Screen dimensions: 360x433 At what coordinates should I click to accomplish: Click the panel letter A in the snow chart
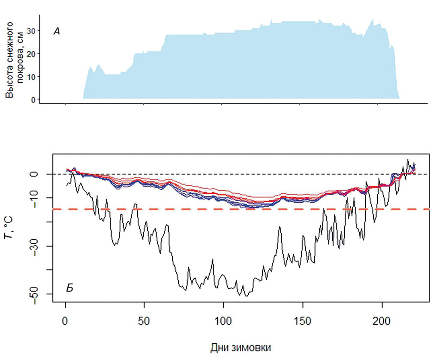click(x=56, y=31)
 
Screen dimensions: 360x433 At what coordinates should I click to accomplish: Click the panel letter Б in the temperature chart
click(x=69, y=288)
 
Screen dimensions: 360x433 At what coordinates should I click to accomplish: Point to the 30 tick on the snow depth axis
click(x=31, y=30)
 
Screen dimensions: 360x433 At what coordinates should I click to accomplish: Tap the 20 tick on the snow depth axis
click(x=31, y=54)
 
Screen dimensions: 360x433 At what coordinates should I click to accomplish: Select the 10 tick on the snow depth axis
click(x=31, y=77)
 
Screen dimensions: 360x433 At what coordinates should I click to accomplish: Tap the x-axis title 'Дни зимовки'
click(x=241, y=347)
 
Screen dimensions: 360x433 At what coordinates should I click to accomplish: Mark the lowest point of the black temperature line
click(x=246, y=296)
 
